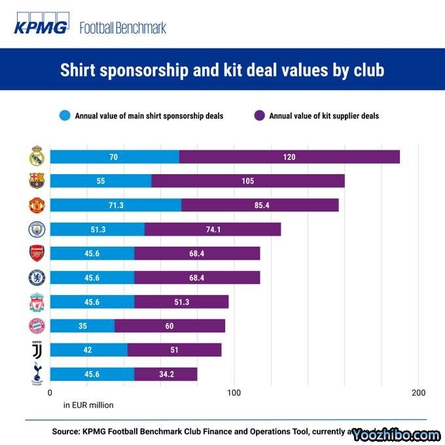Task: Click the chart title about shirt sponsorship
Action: [222, 70]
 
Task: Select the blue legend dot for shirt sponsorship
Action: [65, 116]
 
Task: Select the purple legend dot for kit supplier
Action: [259, 116]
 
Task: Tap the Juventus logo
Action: [36, 351]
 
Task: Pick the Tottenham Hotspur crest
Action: [36, 375]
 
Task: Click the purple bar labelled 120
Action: [289, 157]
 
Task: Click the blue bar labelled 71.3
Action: [115, 205]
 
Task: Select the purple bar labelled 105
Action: [247, 181]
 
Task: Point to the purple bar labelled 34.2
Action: [166, 374]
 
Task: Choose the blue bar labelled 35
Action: [82, 326]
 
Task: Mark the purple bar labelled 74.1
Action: [213, 229]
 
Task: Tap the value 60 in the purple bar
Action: [169, 326]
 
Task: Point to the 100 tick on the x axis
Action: [234, 393]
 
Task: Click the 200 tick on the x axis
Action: [418, 393]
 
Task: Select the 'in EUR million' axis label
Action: [88, 405]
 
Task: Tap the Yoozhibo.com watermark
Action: [395, 435]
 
